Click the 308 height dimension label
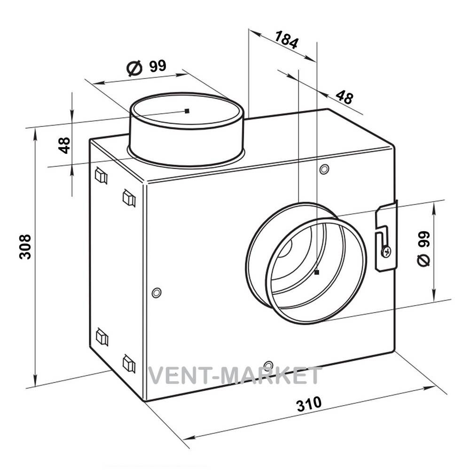click(x=25, y=247)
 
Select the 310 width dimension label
click(x=309, y=404)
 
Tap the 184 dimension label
click(x=287, y=39)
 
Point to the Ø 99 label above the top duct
click(x=147, y=67)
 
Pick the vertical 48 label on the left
click(x=64, y=145)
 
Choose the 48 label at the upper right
click(x=345, y=97)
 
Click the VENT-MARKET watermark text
click(x=235, y=376)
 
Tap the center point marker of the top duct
click(x=187, y=111)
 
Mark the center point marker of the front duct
click(x=317, y=272)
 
